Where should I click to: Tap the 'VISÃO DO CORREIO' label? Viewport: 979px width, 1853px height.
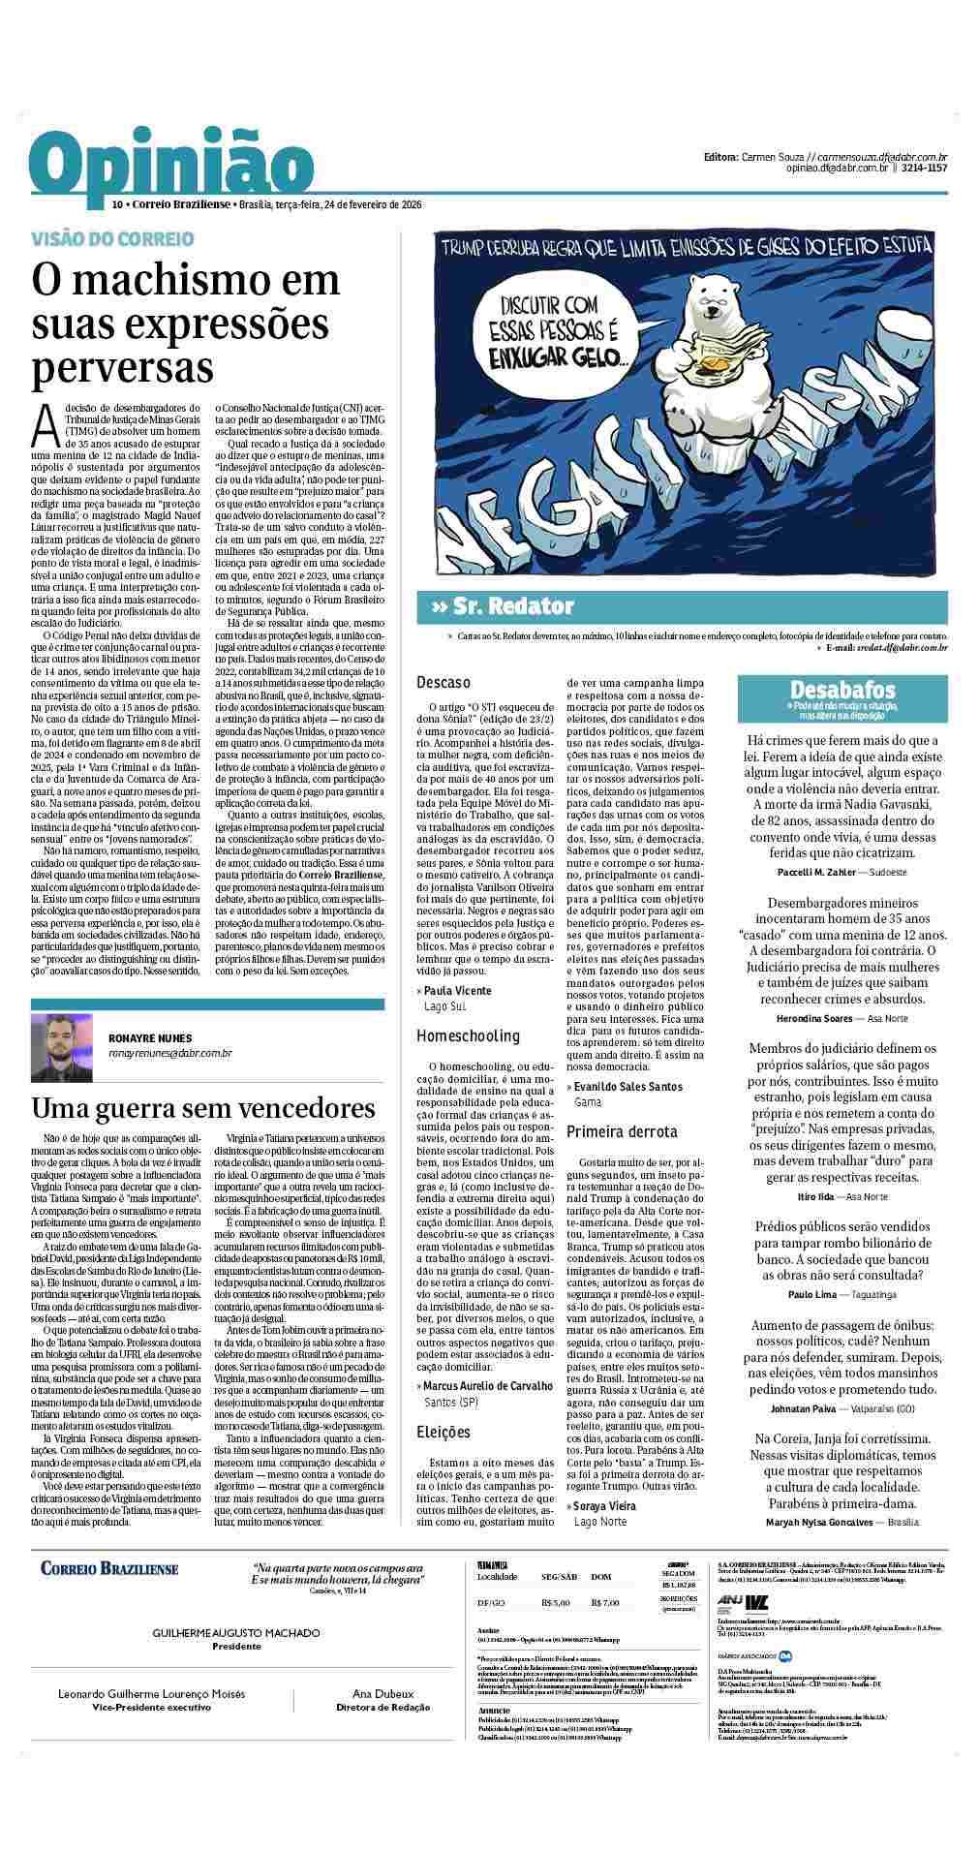coord(112,238)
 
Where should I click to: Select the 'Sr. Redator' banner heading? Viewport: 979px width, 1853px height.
coord(503,607)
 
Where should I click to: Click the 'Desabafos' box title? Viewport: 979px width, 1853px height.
coord(841,690)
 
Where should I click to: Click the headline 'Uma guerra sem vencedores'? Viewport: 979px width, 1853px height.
coord(203,1108)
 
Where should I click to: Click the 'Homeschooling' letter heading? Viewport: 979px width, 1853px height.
coord(468,1035)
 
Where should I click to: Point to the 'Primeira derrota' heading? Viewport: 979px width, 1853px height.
coord(622,1130)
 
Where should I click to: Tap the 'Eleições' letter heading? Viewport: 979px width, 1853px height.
coord(444,1431)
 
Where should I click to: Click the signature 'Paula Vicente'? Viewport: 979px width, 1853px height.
coord(458,990)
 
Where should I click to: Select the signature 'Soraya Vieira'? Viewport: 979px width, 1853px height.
coord(605,1506)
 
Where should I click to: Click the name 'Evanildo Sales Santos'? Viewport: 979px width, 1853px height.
coord(627,1086)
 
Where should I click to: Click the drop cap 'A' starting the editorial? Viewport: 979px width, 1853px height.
coord(43,420)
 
